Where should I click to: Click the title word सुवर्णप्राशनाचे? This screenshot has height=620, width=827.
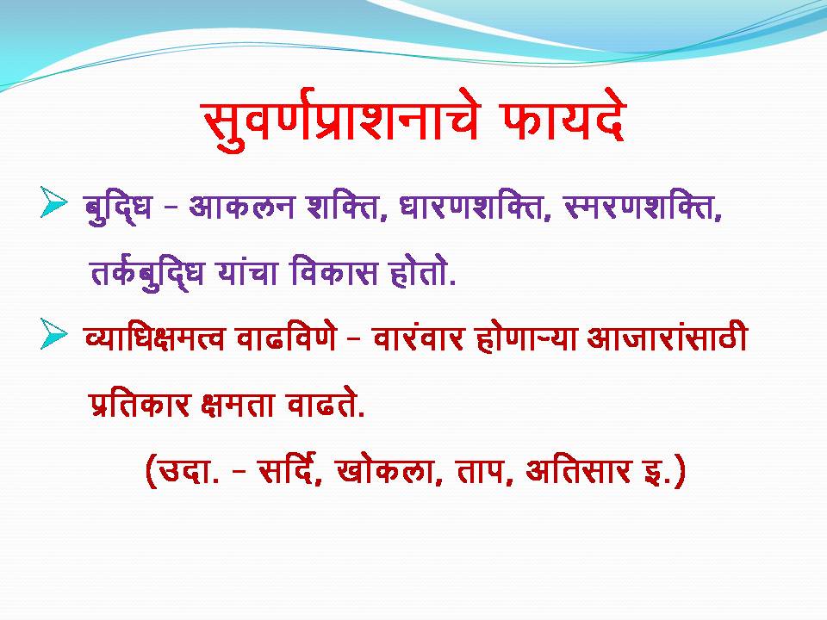(x=341, y=123)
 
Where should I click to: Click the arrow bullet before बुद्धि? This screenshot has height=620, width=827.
(x=53, y=201)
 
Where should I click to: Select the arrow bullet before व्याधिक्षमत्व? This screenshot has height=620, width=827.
(x=53, y=334)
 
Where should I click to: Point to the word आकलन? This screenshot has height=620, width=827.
(x=240, y=207)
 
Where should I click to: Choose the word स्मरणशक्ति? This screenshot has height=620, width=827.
(x=643, y=208)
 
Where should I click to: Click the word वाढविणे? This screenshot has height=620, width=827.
(x=286, y=337)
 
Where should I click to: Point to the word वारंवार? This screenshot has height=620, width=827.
(x=419, y=338)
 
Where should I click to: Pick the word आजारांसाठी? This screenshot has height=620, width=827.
(x=667, y=337)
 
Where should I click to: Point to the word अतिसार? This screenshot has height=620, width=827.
(x=578, y=469)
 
